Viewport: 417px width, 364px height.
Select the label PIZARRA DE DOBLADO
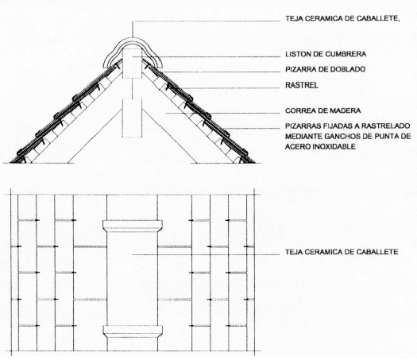click(325, 69)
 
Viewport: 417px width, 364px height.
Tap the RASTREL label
click(302, 85)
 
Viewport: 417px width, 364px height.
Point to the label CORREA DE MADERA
click(322, 110)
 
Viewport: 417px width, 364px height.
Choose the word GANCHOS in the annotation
click(342, 137)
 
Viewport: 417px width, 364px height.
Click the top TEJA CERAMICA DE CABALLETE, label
click(343, 18)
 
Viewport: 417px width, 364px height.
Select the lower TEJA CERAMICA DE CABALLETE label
click(342, 252)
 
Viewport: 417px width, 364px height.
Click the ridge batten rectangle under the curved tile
click(132, 64)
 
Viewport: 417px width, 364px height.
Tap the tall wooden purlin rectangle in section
click(132, 118)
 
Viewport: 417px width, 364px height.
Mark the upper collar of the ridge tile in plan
click(133, 226)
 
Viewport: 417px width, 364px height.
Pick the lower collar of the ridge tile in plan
click(133, 331)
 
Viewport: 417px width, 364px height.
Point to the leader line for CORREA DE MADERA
click(223, 113)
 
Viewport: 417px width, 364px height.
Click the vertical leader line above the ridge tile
click(132, 29)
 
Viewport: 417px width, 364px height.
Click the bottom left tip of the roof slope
click(10, 163)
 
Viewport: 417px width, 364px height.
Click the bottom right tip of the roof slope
click(255, 163)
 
